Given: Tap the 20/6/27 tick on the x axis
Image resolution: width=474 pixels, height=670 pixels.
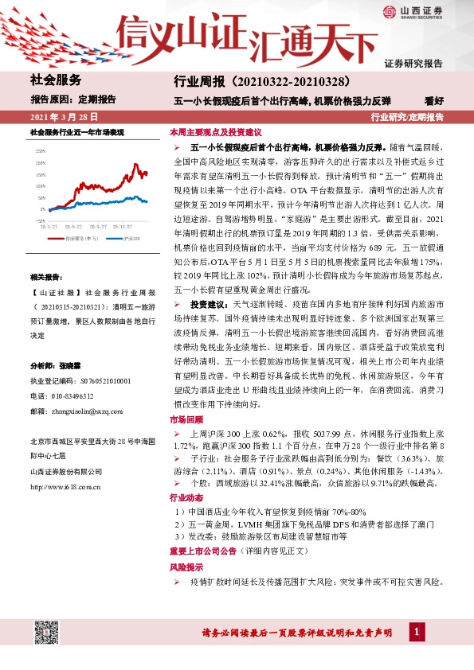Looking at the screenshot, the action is [80, 226].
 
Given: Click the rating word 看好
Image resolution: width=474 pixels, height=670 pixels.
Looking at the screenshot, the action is [434, 101].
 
